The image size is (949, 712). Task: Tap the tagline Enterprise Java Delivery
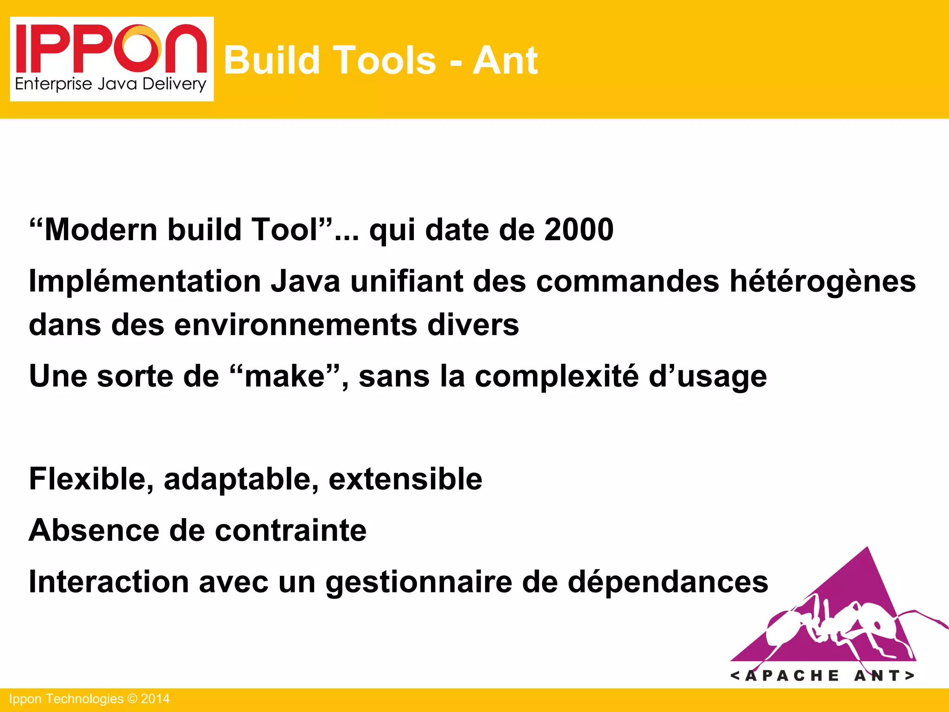pyautogui.click(x=110, y=84)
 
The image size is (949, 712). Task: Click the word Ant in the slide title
pyautogui.click(x=505, y=60)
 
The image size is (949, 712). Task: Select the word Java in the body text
pyautogui.click(x=305, y=281)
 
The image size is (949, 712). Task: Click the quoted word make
pyautogui.click(x=285, y=376)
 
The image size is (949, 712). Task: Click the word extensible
pyautogui.click(x=405, y=479)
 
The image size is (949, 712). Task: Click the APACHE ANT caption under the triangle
pyautogui.click(x=822, y=675)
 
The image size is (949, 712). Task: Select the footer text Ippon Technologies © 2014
pyautogui.click(x=89, y=699)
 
